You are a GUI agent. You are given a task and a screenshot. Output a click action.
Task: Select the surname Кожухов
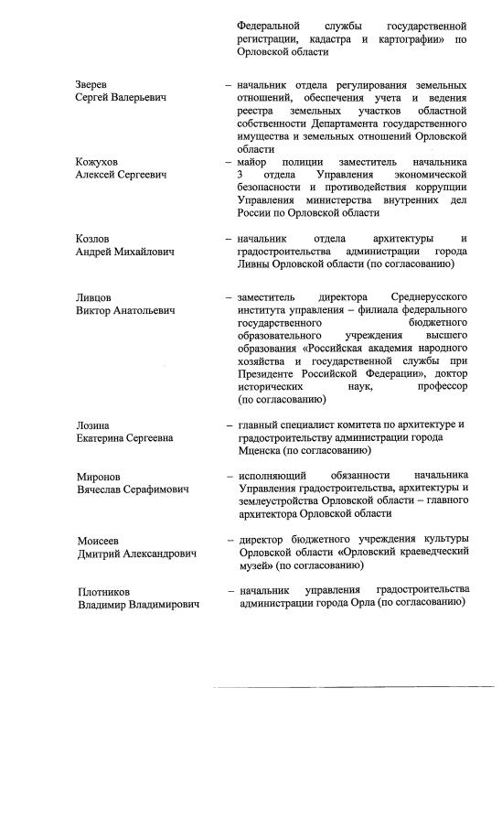[x=97, y=162]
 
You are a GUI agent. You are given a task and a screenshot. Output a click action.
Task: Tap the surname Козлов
[x=93, y=239]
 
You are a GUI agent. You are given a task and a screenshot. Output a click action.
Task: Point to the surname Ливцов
[x=94, y=297]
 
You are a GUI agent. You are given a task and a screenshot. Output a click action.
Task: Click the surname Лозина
[x=93, y=425]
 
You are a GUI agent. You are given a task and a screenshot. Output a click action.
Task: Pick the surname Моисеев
[x=98, y=541]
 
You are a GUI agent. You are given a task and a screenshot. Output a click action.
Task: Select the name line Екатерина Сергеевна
[x=124, y=438]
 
